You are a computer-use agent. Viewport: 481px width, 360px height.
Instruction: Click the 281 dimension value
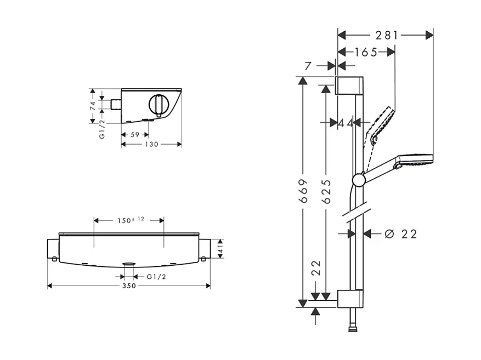[x=386, y=35]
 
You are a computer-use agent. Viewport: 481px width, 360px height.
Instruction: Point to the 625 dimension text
[x=326, y=191]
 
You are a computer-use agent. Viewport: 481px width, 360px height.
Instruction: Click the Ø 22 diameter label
[x=401, y=234]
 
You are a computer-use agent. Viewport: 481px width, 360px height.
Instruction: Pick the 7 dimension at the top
[x=308, y=66]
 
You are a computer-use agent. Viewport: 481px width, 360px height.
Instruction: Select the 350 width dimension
[x=129, y=286]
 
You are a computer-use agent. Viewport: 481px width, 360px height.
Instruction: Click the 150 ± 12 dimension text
[x=129, y=220]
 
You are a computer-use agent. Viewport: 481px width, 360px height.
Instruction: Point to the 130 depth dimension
[x=151, y=144]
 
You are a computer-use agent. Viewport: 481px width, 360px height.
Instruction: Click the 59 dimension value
[x=134, y=134]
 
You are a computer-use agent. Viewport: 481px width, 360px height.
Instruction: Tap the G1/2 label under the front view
[x=156, y=277]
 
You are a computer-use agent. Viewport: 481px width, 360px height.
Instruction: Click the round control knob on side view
[x=158, y=104]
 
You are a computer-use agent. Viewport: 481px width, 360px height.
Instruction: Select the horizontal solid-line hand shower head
[x=415, y=159]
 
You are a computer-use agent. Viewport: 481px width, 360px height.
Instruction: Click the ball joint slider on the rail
[x=358, y=179]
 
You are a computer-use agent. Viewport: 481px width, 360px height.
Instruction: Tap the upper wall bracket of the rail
[x=349, y=86]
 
